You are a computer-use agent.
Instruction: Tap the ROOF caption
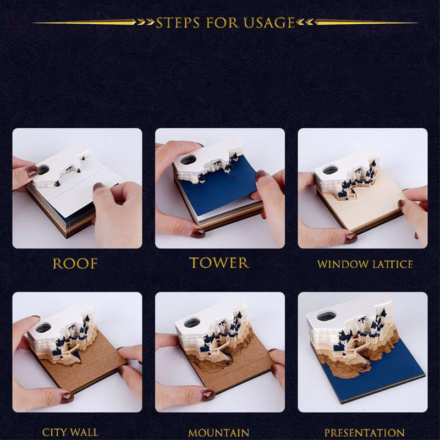(75, 263)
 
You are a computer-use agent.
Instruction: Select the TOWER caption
(219, 263)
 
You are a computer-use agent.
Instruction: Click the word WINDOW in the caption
(340, 264)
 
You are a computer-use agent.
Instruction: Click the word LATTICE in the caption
(389, 264)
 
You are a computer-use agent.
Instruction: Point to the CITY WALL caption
(70, 433)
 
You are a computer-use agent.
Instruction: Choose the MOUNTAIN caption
(218, 433)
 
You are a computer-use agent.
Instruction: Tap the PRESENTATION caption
(364, 433)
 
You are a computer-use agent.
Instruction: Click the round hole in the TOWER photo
(188, 159)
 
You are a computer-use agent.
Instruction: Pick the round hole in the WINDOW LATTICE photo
(330, 170)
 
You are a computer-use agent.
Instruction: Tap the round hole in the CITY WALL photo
(43, 327)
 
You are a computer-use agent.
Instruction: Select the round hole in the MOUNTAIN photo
(191, 323)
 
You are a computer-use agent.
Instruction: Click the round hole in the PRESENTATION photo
(327, 316)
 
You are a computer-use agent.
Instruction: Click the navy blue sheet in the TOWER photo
(220, 187)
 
